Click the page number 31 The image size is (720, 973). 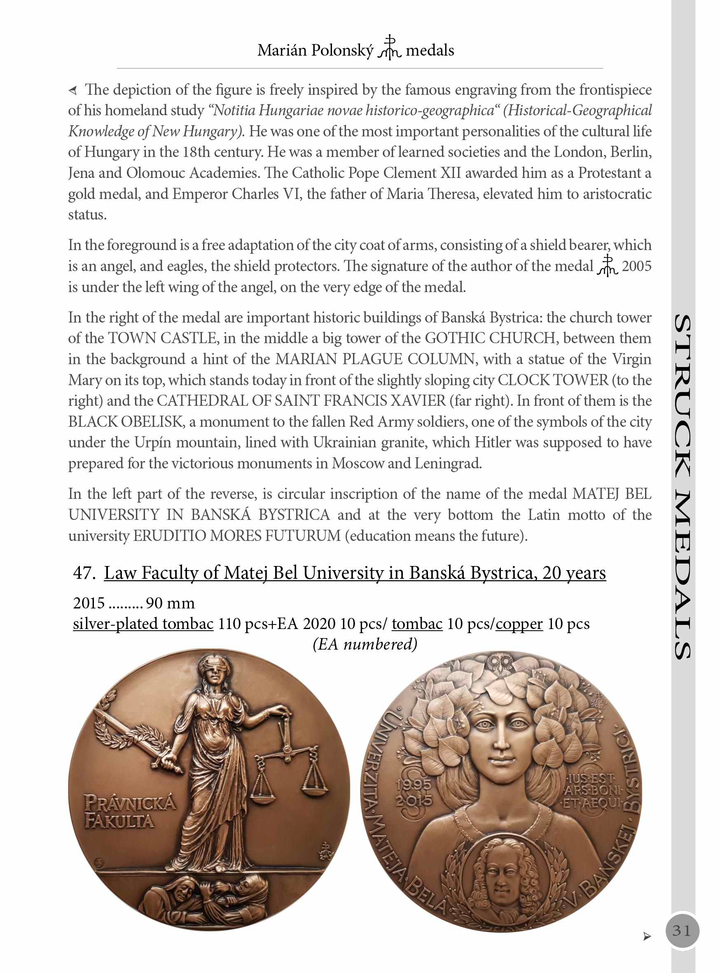click(682, 931)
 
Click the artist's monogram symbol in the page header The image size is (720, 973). click(389, 47)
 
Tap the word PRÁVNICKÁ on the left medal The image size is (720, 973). click(130, 803)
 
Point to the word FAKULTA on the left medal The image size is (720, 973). click(119, 821)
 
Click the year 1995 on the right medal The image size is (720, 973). click(413, 785)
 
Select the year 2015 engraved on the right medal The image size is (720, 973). click(414, 801)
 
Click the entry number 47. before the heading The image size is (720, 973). click(84, 573)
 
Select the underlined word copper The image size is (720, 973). click(519, 624)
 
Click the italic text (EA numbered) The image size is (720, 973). click(365, 644)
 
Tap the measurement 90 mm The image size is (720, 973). click(170, 603)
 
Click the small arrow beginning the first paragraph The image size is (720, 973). click(73, 90)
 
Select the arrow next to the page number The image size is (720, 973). click(647, 936)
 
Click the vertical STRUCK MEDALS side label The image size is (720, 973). click(682, 486)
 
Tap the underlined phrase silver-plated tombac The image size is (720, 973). click(143, 624)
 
